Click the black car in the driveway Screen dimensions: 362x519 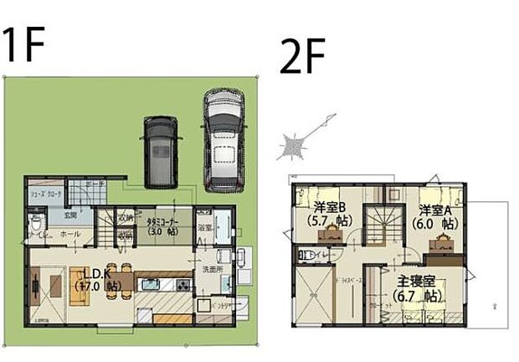[161, 151]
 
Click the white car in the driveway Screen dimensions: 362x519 [221, 138]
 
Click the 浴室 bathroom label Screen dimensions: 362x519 [203, 227]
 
